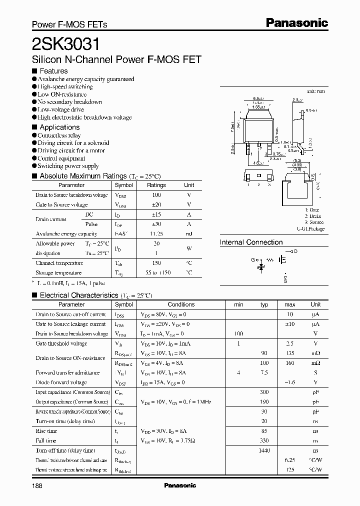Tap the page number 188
pos(37,485)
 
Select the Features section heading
pos(53,71)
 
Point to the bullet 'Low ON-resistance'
pos(62,94)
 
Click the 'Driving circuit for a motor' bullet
pos(71,150)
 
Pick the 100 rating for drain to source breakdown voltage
pos(156,195)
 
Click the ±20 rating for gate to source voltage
pos(156,205)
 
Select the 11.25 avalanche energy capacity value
pos(156,234)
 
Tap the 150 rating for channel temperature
pos(156,263)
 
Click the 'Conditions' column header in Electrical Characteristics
pos(181,304)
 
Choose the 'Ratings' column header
pos(156,185)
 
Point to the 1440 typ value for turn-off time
pos(264,450)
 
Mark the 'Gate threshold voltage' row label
pos(61,343)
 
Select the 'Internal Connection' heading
pos(251,242)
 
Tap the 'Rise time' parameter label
pos(46,431)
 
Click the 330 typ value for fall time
pos(264,440)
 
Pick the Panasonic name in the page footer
pos(180,485)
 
